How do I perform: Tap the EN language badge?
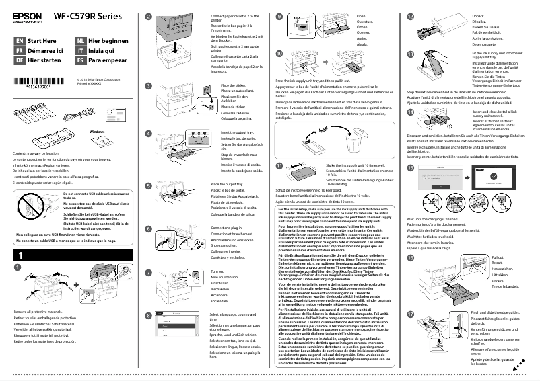tap(18, 41)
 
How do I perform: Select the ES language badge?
tap(80, 60)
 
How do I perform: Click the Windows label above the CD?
tap(98, 132)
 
